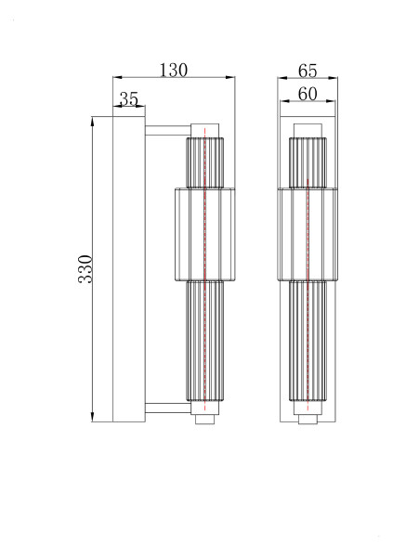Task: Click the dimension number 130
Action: coord(174,69)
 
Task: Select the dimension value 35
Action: coord(129,98)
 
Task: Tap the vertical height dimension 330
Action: coord(85,268)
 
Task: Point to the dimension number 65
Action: coord(308,71)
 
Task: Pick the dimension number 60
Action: coord(308,94)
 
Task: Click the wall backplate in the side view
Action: coord(128,268)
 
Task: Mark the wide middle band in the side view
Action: coord(204,232)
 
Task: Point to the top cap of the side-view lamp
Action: coord(204,129)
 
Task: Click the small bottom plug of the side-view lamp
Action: coord(204,420)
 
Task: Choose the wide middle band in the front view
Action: coord(308,232)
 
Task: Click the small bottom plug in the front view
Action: coord(308,420)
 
